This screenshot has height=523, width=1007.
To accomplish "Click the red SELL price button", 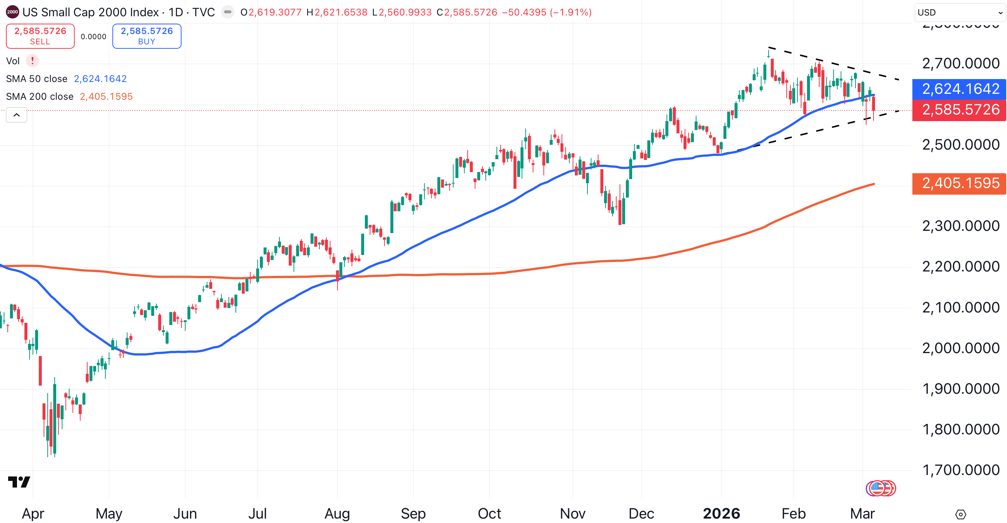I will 40,36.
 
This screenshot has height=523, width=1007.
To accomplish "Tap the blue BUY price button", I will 147,36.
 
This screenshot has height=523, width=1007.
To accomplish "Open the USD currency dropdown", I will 960,13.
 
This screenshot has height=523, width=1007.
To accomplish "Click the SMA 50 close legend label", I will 37,79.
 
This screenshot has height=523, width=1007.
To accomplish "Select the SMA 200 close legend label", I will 40,96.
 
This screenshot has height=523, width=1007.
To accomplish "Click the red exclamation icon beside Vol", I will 33,61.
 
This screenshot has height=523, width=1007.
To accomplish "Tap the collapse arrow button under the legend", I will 16,115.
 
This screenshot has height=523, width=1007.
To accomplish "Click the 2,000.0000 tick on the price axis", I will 960,348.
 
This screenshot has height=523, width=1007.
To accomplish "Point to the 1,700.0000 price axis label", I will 960,470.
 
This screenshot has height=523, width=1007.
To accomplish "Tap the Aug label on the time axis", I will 337,513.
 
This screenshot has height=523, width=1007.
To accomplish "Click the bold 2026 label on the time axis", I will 721,513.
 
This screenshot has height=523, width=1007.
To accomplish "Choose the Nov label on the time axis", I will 572,513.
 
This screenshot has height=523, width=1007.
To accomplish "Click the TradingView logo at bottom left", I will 19,482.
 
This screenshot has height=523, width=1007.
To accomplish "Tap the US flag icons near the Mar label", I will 881,488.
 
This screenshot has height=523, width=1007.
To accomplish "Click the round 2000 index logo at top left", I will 13,12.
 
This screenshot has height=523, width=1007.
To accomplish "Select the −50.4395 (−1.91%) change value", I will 546,13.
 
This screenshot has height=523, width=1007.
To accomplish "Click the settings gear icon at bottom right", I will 960,515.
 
